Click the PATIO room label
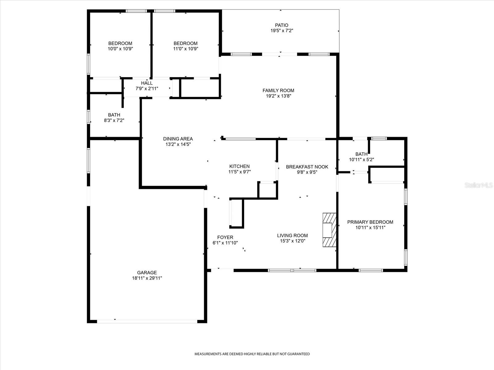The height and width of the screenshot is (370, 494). click(x=282, y=25)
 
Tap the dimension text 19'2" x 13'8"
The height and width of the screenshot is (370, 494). click(x=278, y=96)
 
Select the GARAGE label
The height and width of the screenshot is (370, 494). click(x=147, y=273)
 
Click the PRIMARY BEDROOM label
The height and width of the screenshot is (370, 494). click(x=370, y=222)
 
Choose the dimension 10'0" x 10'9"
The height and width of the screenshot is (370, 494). click(x=120, y=49)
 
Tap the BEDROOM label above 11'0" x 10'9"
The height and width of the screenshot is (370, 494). click(x=185, y=43)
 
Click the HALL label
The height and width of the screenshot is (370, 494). click(x=147, y=83)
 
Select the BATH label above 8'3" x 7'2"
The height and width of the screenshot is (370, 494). click(x=114, y=115)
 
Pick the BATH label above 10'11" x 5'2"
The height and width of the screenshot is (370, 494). click(x=361, y=154)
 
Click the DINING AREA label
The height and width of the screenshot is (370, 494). click(x=178, y=139)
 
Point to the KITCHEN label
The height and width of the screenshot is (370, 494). click(x=239, y=166)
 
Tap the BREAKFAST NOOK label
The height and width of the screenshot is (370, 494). click(x=307, y=167)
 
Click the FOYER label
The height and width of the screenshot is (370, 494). click(x=225, y=237)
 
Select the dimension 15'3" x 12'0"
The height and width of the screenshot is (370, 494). click(x=292, y=241)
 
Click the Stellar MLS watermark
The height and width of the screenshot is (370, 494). click(x=478, y=185)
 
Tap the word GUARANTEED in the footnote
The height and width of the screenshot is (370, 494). click(x=298, y=354)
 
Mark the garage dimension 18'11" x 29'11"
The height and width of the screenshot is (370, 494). click(x=147, y=278)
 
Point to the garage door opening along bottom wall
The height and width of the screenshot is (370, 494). click(x=147, y=321)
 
